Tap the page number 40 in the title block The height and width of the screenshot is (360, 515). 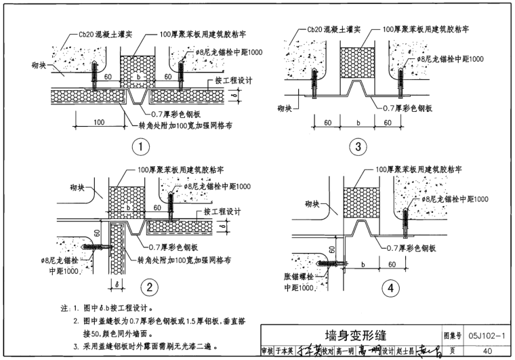coord(487,351)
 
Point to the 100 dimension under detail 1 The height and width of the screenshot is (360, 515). coord(100,122)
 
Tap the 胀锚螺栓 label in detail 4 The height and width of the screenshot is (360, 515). coord(297,277)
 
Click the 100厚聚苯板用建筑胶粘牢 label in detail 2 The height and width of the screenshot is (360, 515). coord(178,171)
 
